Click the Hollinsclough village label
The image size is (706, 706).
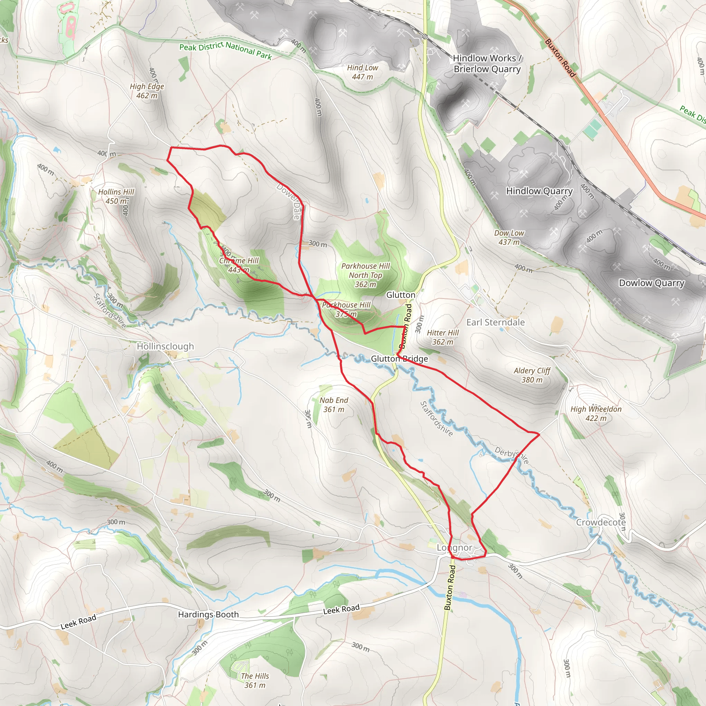click(165, 346)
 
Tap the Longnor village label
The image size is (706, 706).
click(455, 547)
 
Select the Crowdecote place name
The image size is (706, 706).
click(601, 522)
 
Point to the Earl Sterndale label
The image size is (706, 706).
click(495, 322)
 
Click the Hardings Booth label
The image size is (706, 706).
click(208, 614)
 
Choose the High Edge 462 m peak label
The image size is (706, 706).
click(147, 91)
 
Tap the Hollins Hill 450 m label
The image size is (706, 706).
click(116, 196)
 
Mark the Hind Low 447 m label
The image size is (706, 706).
click(363, 72)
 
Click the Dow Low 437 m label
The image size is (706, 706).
click(509, 237)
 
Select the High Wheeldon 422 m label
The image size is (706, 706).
click(596, 413)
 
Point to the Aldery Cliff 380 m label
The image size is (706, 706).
click(532, 375)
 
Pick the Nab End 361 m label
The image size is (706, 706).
click(334, 404)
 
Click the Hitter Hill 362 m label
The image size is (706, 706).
click(443, 337)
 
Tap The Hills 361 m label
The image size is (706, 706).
click(255, 680)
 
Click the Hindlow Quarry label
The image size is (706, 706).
click(539, 191)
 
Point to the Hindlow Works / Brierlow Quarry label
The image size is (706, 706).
click(487, 63)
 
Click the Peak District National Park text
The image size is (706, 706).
click(225, 50)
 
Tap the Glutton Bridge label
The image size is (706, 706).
click(399, 359)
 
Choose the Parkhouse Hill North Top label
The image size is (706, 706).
click(365, 275)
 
